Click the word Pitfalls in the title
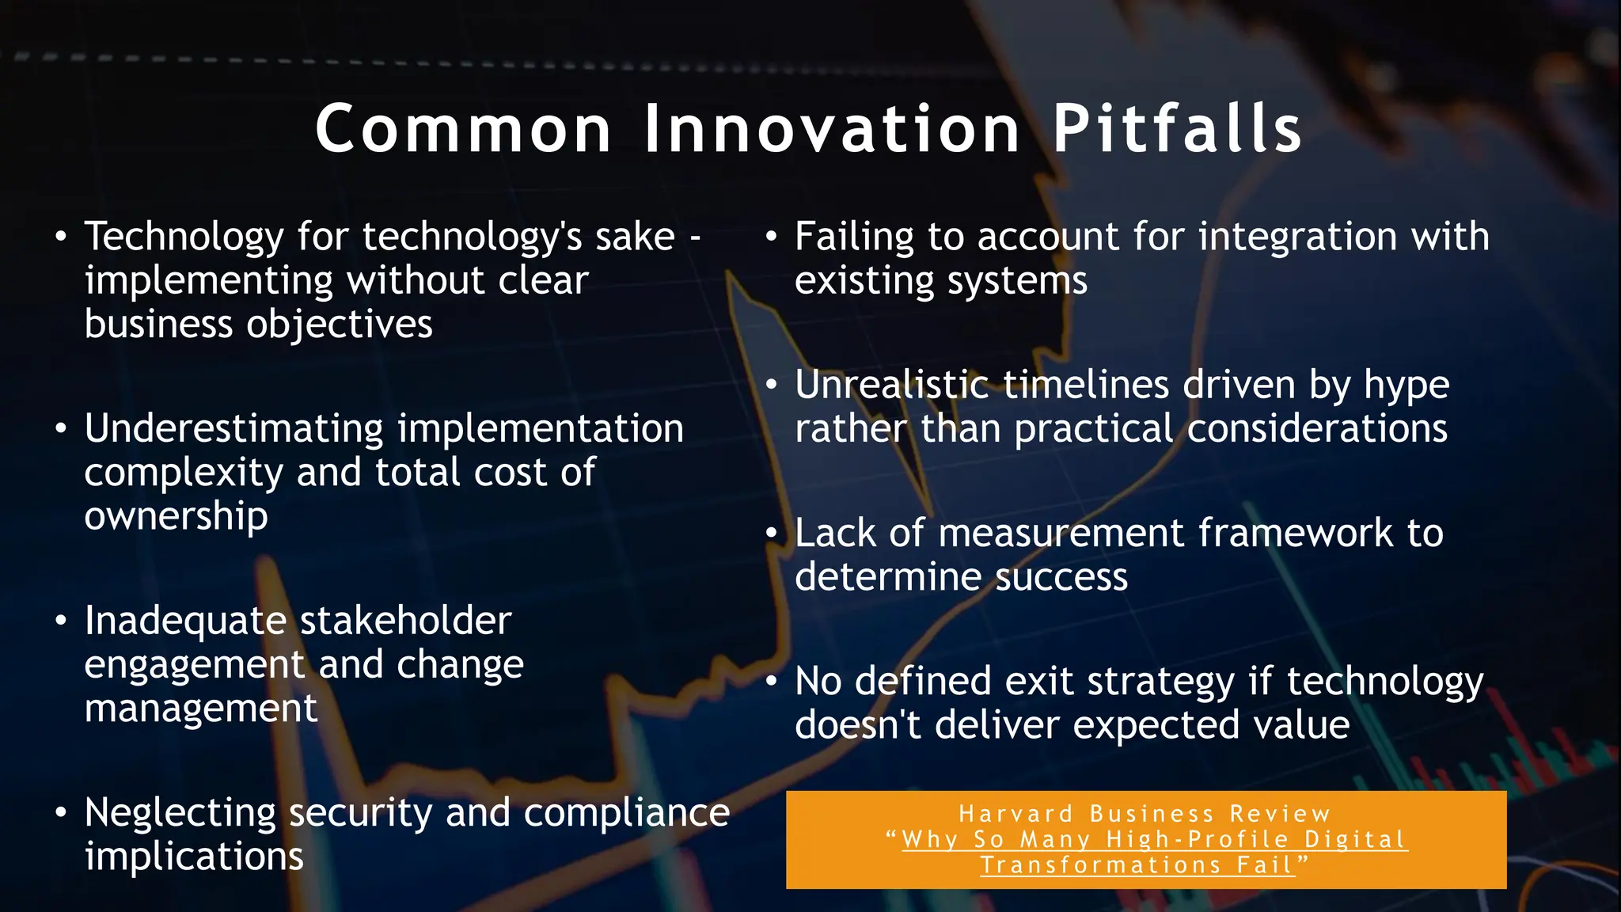(x=1176, y=129)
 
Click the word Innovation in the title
(x=832, y=129)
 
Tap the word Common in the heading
(x=463, y=129)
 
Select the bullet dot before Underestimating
(x=61, y=429)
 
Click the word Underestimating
(x=234, y=429)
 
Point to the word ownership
(x=176, y=517)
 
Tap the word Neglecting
(x=180, y=814)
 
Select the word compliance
(x=626, y=813)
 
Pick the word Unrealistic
(x=891, y=385)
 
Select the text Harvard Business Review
(x=1145, y=814)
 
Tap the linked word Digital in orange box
(x=1355, y=840)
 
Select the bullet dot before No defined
(x=772, y=682)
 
